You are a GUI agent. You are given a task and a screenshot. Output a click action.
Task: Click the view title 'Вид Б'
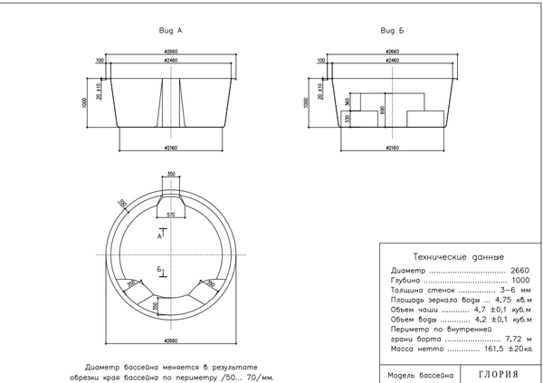(x=392, y=30)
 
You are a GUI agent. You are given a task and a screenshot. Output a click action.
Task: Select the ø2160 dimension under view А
(x=170, y=146)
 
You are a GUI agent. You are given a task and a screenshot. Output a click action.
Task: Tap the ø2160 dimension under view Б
(x=392, y=146)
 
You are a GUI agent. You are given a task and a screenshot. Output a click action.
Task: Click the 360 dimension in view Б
(x=348, y=102)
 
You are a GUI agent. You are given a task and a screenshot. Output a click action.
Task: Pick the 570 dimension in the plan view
(x=170, y=214)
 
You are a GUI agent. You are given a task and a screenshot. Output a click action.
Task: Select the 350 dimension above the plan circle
(x=170, y=173)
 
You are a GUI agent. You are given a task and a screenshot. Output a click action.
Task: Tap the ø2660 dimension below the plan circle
(x=170, y=340)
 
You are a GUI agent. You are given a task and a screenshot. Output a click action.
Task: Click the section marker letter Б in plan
(x=158, y=269)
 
